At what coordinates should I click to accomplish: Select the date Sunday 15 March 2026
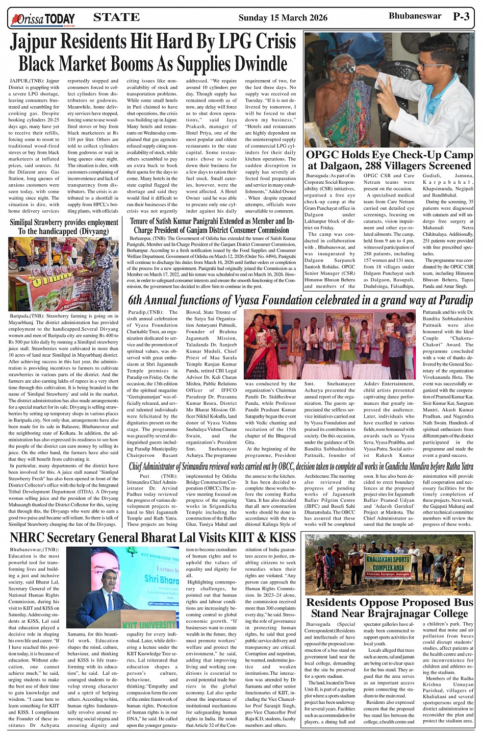[x=283, y=18]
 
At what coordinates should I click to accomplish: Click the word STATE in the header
[x=116, y=17]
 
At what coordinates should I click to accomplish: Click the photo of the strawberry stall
[x=63, y=274]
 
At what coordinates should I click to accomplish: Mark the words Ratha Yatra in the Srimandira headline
[x=453, y=467]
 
